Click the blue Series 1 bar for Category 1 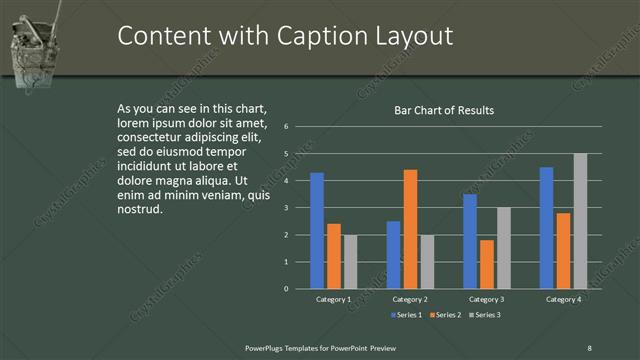[x=317, y=231]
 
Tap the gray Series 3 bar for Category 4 [x=580, y=221]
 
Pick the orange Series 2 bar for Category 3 [x=487, y=264]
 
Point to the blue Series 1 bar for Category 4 [x=546, y=228]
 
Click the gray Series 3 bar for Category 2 [x=427, y=262]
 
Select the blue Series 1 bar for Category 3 [x=470, y=241]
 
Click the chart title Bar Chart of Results [x=443, y=110]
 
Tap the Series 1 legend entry [x=405, y=315]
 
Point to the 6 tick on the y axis [x=286, y=127]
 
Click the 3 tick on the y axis [x=286, y=208]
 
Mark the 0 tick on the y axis [x=286, y=289]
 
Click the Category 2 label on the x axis [x=410, y=299]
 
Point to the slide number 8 [x=589, y=347]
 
